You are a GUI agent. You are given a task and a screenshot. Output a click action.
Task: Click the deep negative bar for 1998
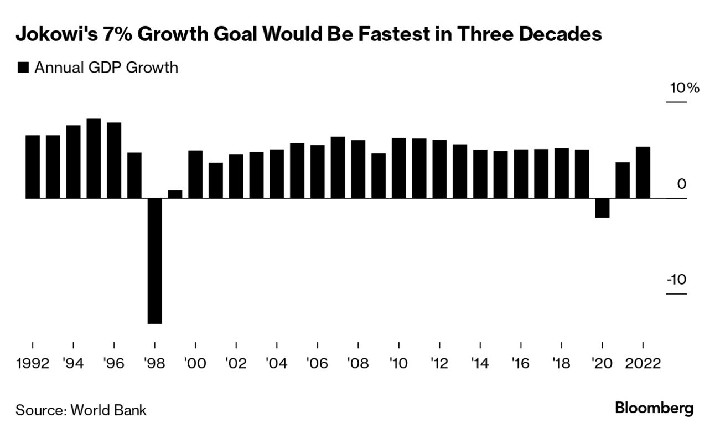[x=154, y=260]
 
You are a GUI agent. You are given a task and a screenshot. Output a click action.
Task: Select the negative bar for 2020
[x=602, y=208]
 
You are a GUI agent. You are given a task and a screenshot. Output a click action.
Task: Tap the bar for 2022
[x=643, y=172]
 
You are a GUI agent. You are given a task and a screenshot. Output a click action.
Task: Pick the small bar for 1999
[x=175, y=194]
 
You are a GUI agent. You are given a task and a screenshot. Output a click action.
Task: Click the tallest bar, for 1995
[x=94, y=158]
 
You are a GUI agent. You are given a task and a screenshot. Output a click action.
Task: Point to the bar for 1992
[x=33, y=166]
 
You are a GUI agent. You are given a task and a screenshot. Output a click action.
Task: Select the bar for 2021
[x=623, y=180]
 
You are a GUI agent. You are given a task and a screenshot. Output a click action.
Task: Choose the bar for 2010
[x=398, y=168]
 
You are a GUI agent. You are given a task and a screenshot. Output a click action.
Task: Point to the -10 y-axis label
[x=676, y=280]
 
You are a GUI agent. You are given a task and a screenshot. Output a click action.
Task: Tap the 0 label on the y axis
[x=681, y=184]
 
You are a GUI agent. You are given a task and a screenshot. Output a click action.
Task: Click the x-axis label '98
[x=154, y=364]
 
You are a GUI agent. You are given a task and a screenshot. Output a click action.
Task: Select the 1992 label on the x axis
[x=33, y=364]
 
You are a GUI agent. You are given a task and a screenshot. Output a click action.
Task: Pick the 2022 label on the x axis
[x=643, y=364]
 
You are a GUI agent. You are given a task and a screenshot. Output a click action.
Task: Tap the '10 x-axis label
[x=398, y=364]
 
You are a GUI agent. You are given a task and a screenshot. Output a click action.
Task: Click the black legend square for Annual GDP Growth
[x=23, y=68]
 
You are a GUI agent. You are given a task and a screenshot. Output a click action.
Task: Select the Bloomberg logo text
[x=654, y=409]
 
